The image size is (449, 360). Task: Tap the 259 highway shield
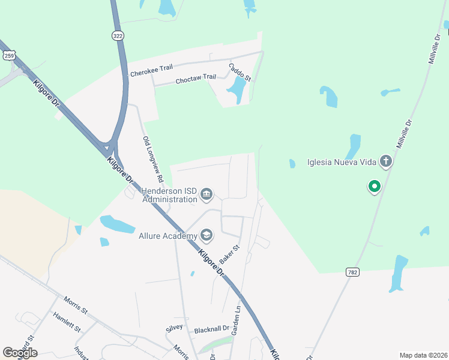pyautogui.click(x=8, y=55)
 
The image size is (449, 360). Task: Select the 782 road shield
pyautogui.click(x=352, y=272)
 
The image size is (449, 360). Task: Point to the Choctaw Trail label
pyautogui.click(x=195, y=79)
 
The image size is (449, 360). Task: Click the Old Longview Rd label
pyautogui.click(x=152, y=159)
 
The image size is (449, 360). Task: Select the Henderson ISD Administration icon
pyautogui.click(x=206, y=193)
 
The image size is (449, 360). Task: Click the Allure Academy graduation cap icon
pyautogui.click(x=207, y=235)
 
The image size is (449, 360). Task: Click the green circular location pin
pyautogui.click(x=375, y=187)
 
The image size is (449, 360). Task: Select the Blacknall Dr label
pyautogui.click(x=211, y=329)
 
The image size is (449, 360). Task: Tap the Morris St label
pyautogui.click(x=76, y=305)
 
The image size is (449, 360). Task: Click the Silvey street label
pyautogui.click(x=174, y=328)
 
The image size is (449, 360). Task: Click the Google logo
pyautogui.click(x=20, y=353)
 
